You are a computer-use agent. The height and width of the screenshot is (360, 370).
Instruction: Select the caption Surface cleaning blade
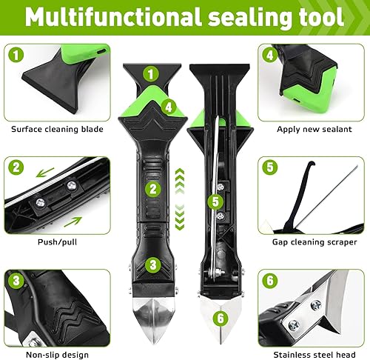(x=57, y=129)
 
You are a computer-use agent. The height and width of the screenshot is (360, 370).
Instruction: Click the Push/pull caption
(x=57, y=242)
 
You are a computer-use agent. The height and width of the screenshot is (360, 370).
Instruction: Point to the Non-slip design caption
(x=57, y=355)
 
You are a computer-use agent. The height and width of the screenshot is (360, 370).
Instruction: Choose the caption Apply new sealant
(x=314, y=129)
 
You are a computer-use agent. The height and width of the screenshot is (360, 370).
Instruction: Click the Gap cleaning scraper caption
(x=314, y=242)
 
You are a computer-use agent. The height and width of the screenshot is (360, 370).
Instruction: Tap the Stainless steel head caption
(x=314, y=355)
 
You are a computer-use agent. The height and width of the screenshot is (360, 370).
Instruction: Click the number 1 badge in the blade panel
(x=16, y=55)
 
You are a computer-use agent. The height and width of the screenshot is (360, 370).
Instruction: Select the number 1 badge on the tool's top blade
(x=151, y=74)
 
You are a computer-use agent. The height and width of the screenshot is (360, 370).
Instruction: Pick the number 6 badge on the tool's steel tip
(x=221, y=318)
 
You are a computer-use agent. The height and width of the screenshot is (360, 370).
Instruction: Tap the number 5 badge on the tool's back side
(x=215, y=201)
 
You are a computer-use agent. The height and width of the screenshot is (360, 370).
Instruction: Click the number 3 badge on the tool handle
(x=153, y=265)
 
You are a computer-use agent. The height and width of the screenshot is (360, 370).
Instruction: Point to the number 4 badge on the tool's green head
(x=169, y=107)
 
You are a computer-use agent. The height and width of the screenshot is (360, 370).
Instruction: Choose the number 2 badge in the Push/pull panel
(x=16, y=167)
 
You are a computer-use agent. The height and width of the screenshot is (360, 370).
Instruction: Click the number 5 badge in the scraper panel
(x=270, y=167)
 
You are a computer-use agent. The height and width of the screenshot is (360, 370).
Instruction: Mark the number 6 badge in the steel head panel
(x=270, y=281)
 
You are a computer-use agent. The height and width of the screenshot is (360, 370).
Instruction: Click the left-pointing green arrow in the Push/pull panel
(x=45, y=173)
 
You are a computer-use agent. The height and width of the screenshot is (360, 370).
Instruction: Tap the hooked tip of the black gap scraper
(x=312, y=164)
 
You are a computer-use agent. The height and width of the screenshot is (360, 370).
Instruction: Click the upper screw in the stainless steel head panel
(x=316, y=306)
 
